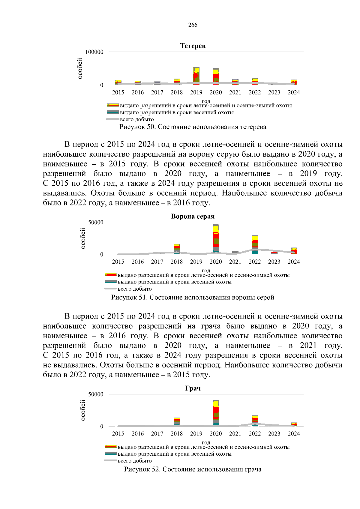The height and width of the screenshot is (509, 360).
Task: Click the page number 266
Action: [193, 25]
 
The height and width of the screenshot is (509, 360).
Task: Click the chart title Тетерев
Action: [193, 46]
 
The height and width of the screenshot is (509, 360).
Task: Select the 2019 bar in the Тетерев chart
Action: [196, 76]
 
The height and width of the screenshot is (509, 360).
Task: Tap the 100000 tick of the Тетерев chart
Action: [94, 52]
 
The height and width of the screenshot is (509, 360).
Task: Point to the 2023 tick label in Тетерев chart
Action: [274, 92]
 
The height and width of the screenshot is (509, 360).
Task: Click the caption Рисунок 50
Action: [193, 127]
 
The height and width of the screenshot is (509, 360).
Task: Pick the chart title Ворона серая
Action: [193, 217]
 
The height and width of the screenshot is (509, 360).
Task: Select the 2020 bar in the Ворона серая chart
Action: [216, 239]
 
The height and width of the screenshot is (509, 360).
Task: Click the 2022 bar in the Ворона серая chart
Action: [255, 245]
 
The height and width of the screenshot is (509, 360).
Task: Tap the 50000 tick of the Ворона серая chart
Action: [96, 223]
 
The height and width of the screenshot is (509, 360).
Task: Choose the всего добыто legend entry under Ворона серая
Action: [135, 289]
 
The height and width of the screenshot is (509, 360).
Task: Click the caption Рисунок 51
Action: [193, 298]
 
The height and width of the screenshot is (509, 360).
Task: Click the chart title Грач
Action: [193, 388]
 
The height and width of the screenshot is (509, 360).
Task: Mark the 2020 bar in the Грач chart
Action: [216, 413]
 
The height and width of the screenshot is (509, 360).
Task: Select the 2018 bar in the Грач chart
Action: [177, 422]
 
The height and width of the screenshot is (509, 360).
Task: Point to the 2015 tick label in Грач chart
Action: [118, 434]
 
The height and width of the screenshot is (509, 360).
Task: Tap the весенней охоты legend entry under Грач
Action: [174, 454]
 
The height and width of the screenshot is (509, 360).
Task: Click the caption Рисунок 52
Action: [193, 469]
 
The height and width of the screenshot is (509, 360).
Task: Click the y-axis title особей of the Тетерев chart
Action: [80, 69]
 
